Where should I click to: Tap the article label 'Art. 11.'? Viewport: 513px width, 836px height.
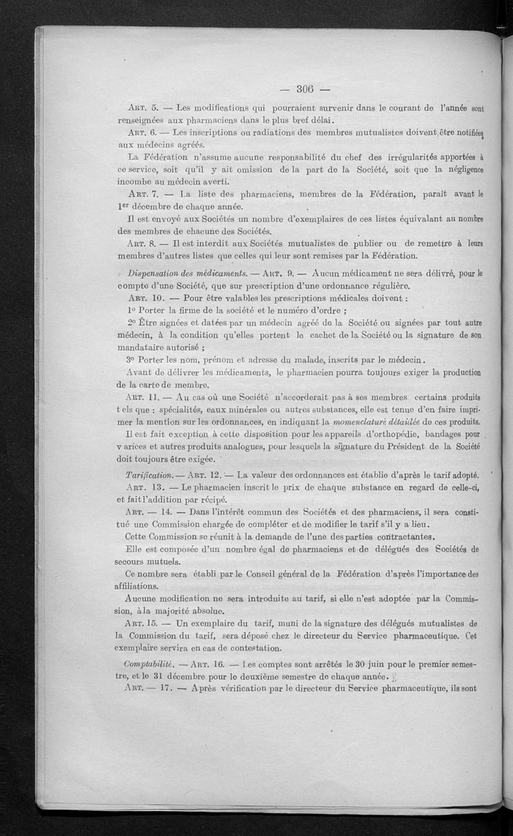point(144,397)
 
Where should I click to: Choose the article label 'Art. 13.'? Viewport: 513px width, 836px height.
point(144,489)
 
